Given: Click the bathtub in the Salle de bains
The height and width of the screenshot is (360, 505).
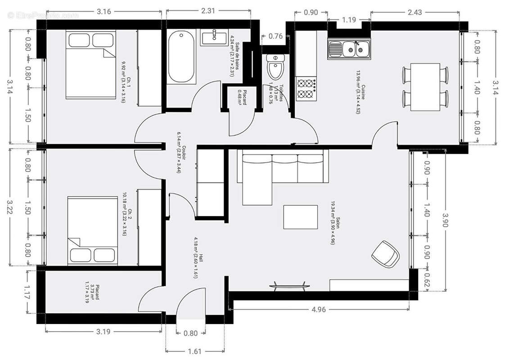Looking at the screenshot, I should (x=182, y=57).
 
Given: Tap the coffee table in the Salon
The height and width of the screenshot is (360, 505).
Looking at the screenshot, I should (x=300, y=217).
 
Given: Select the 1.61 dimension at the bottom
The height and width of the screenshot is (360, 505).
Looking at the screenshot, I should (x=194, y=351).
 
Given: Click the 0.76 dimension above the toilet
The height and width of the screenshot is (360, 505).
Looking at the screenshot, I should (x=275, y=36).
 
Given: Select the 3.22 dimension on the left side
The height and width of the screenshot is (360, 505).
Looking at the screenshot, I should (x=9, y=207).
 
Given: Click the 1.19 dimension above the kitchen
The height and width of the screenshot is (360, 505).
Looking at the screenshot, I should (x=348, y=19).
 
